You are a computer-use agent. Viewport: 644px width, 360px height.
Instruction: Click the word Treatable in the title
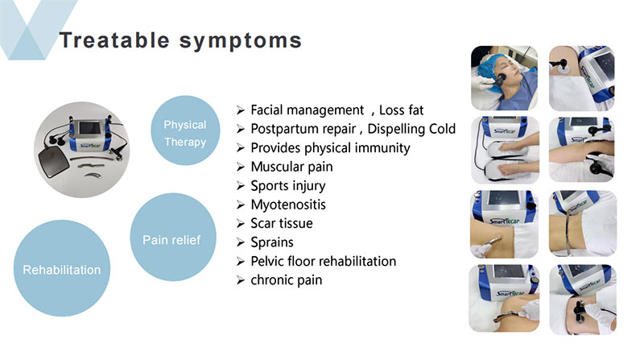coord(114,40)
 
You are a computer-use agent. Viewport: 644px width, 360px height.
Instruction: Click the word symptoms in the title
coord(241,42)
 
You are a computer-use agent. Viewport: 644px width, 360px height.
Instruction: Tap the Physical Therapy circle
coord(185,130)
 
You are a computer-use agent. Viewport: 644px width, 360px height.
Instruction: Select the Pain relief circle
coord(173,237)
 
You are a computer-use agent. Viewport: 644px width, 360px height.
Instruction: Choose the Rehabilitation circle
coord(62,268)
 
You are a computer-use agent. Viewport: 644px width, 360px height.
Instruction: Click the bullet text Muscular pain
coord(291,167)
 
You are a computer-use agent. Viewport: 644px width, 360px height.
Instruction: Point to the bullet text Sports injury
coord(288,186)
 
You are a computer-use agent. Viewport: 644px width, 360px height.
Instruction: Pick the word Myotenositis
coord(288,205)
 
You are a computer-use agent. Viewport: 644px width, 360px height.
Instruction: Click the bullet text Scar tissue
coord(282,223)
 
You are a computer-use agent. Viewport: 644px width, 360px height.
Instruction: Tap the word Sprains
coord(272,242)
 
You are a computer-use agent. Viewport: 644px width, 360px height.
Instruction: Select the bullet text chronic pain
coord(287,280)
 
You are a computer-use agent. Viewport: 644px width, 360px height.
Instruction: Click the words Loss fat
coord(401,110)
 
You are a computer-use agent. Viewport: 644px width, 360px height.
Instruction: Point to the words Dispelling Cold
coord(411,129)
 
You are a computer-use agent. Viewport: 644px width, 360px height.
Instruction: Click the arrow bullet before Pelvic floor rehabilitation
coord(241,262)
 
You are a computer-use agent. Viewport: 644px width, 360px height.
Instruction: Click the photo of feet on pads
coord(505,150)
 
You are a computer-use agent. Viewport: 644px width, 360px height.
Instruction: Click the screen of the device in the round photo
coord(89,128)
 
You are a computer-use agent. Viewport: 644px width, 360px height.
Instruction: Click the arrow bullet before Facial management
coord(241,110)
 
